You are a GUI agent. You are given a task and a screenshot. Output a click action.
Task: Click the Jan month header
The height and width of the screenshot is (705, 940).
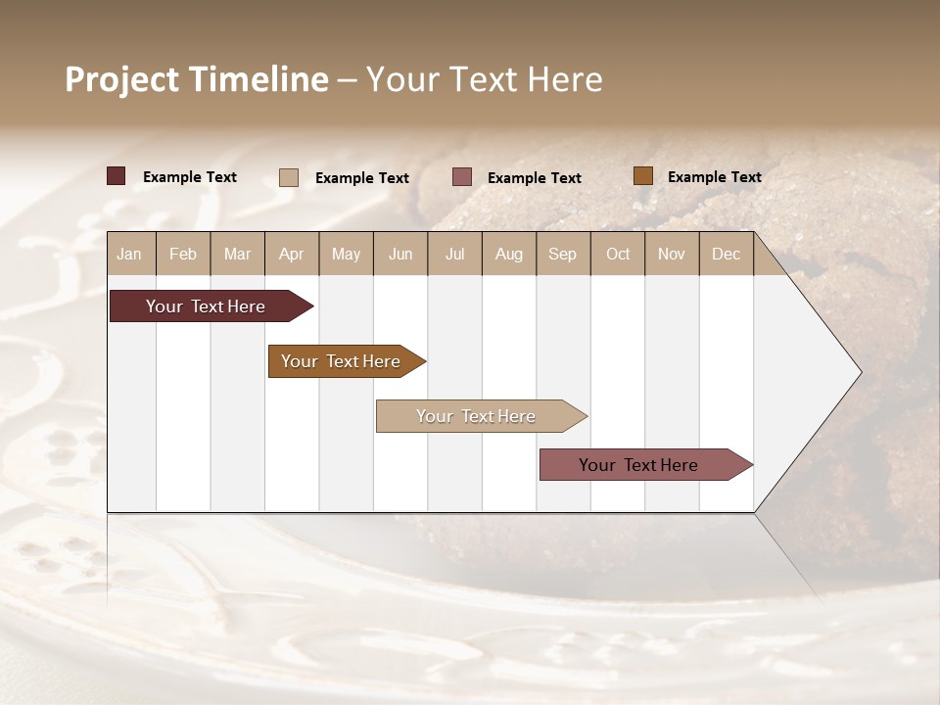pyautogui.click(x=129, y=254)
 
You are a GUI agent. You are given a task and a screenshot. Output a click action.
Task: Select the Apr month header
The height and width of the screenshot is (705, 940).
pyautogui.click(x=291, y=254)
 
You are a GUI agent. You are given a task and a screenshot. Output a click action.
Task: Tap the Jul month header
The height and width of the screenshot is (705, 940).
pyautogui.click(x=454, y=254)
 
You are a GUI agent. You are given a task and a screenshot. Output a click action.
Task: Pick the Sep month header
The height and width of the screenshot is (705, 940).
pyautogui.click(x=562, y=254)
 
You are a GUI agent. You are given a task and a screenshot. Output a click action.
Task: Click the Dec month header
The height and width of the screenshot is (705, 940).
pyautogui.click(x=726, y=254)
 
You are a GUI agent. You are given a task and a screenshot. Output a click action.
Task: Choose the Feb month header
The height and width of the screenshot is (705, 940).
pyautogui.click(x=183, y=254)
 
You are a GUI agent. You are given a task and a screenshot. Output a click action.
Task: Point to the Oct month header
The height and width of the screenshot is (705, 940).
pyautogui.click(x=618, y=254)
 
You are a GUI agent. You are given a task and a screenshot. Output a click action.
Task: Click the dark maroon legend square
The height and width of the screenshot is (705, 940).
pyautogui.click(x=116, y=176)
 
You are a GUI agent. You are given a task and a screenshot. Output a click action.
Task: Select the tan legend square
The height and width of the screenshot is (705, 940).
pyautogui.click(x=289, y=177)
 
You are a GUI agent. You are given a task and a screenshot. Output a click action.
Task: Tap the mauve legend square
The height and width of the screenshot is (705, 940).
pyautogui.click(x=462, y=176)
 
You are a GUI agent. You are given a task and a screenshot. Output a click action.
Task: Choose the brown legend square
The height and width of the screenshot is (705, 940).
pyautogui.click(x=642, y=176)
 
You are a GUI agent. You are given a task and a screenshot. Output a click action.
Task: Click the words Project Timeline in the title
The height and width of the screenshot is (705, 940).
pyautogui.click(x=196, y=79)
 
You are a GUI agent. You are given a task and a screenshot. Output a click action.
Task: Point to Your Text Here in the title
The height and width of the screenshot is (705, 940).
pyautogui.click(x=484, y=79)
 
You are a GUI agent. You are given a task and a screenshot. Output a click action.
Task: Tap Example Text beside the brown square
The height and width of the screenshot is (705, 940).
pyautogui.click(x=714, y=177)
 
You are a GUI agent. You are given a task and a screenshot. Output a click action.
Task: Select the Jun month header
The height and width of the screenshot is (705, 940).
pyautogui.click(x=400, y=254)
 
